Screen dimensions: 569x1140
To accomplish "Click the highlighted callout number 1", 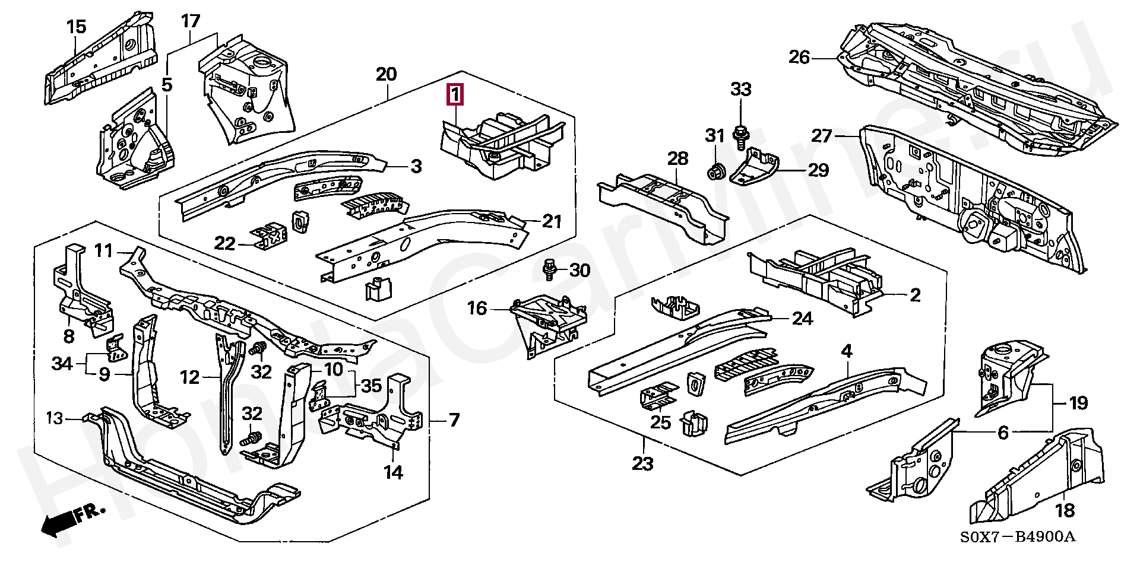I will click(454, 94).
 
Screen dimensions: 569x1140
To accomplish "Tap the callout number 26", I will click(799, 58).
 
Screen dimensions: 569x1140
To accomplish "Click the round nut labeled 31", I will click(716, 171).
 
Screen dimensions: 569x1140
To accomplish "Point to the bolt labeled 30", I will click(549, 271).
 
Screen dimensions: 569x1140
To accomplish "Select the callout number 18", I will click(1065, 510).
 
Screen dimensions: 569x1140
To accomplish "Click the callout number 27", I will click(839, 136).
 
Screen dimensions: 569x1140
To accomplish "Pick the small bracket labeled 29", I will click(752, 167).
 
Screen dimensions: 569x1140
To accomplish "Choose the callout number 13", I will click(55, 419).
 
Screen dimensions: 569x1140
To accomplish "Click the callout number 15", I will click(77, 27).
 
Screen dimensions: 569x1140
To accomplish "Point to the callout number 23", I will click(643, 462).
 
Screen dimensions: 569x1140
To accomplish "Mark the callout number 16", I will click(477, 308).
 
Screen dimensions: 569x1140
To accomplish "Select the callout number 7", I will click(454, 421).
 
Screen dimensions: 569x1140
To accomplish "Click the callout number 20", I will click(386, 75).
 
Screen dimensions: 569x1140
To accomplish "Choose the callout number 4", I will click(846, 351).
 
